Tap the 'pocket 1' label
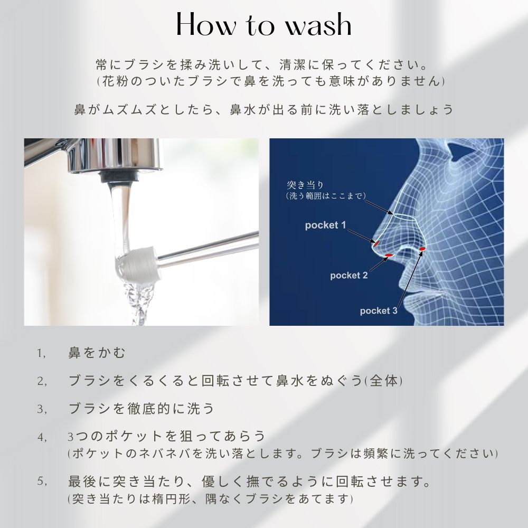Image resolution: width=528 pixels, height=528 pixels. pos(325,225)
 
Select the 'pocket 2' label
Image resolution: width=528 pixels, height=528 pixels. pos(349,276)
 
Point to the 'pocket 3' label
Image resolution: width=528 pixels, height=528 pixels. pos(379,311)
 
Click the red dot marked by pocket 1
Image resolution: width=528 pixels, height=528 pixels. pos(376,243)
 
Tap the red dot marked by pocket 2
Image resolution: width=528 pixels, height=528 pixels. pos(389,256)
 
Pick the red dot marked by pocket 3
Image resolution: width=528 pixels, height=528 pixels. pos(422,249)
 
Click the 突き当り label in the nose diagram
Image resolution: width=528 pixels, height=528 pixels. pos(305,185)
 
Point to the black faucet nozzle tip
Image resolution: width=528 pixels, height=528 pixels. pos(119,176)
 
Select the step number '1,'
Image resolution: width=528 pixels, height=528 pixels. pos(41,354)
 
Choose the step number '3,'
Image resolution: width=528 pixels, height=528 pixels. pos(42,409)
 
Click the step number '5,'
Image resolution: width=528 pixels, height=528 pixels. pos(42,482)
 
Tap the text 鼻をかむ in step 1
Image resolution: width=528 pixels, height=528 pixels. pos(97,353)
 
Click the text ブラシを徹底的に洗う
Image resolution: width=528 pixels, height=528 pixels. pos(141,409)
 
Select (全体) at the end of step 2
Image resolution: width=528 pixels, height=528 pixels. pos(383,381)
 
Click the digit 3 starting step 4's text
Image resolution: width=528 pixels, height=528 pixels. pos(70,437)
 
